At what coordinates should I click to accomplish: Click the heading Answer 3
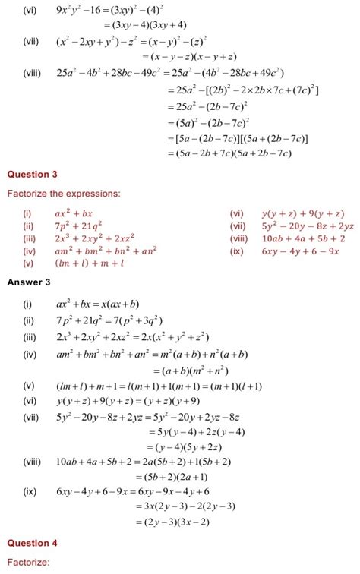(x=29, y=282)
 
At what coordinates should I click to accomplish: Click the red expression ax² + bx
(x=73, y=214)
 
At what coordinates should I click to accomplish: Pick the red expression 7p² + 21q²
(x=78, y=226)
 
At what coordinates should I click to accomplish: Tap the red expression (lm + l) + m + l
(x=89, y=263)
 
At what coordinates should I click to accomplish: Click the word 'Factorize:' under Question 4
(x=28, y=563)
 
